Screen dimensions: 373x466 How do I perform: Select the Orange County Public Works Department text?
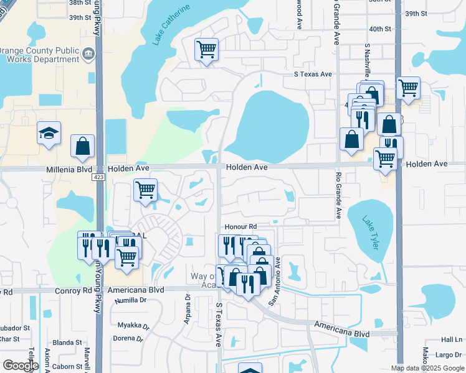coord(39,55)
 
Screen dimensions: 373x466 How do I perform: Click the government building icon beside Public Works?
coord(88,56)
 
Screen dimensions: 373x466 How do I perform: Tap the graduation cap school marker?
coord(49,133)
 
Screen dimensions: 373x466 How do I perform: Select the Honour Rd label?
coord(241,227)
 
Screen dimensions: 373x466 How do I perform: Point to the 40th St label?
coord(379,29)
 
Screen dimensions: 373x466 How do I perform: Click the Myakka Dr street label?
coord(133,325)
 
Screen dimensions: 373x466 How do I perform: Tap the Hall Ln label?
coord(451,339)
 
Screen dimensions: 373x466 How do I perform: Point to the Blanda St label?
coord(67,342)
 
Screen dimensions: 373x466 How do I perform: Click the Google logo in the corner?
coord(20,366)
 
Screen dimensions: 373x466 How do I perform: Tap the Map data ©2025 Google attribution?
coord(427,368)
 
